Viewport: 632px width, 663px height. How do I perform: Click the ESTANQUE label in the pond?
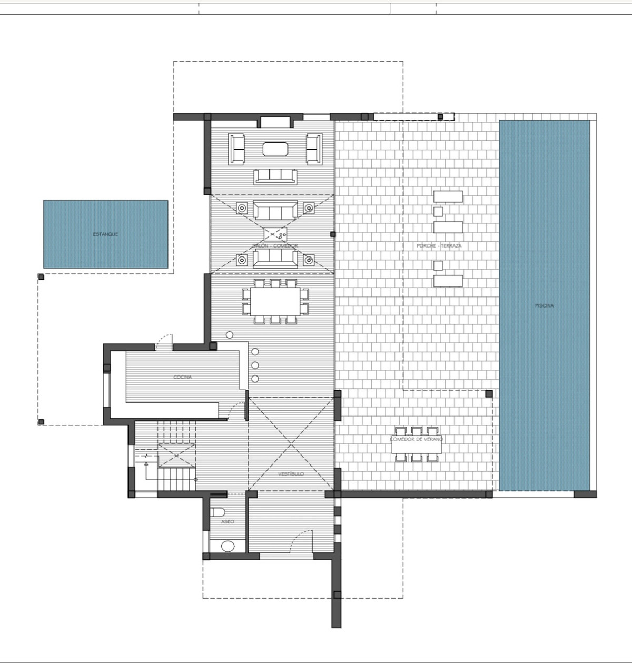pyautogui.click(x=105, y=234)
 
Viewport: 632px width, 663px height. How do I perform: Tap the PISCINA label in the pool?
pyautogui.click(x=544, y=306)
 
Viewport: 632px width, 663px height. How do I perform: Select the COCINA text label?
pyautogui.click(x=183, y=377)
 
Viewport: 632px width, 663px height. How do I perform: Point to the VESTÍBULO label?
pyautogui.click(x=291, y=474)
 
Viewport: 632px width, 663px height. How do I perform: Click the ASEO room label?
pyautogui.click(x=228, y=521)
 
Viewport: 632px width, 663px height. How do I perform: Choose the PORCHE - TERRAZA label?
pyautogui.click(x=439, y=246)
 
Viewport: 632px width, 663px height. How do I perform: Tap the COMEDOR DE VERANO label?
pyautogui.click(x=417, y=439)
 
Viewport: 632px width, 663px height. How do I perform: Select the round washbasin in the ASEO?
pyautogui.click(x=228, y=546)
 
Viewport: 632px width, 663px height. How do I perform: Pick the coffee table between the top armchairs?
pyautogui.click(x=275, y=149)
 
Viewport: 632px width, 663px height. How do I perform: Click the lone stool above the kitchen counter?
pyautogui.click(x=230, y=334)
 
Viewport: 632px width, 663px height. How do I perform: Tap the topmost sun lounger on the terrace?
pyautogui.click(x=448, y=196)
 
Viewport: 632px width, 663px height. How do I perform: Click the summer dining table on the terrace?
pyautogui.click(x=417, y=445)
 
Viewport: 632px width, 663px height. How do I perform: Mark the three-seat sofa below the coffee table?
pyautogui.click(x=275, y=176)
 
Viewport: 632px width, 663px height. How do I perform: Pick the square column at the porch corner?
pyautogui.click(x=489, y=393)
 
